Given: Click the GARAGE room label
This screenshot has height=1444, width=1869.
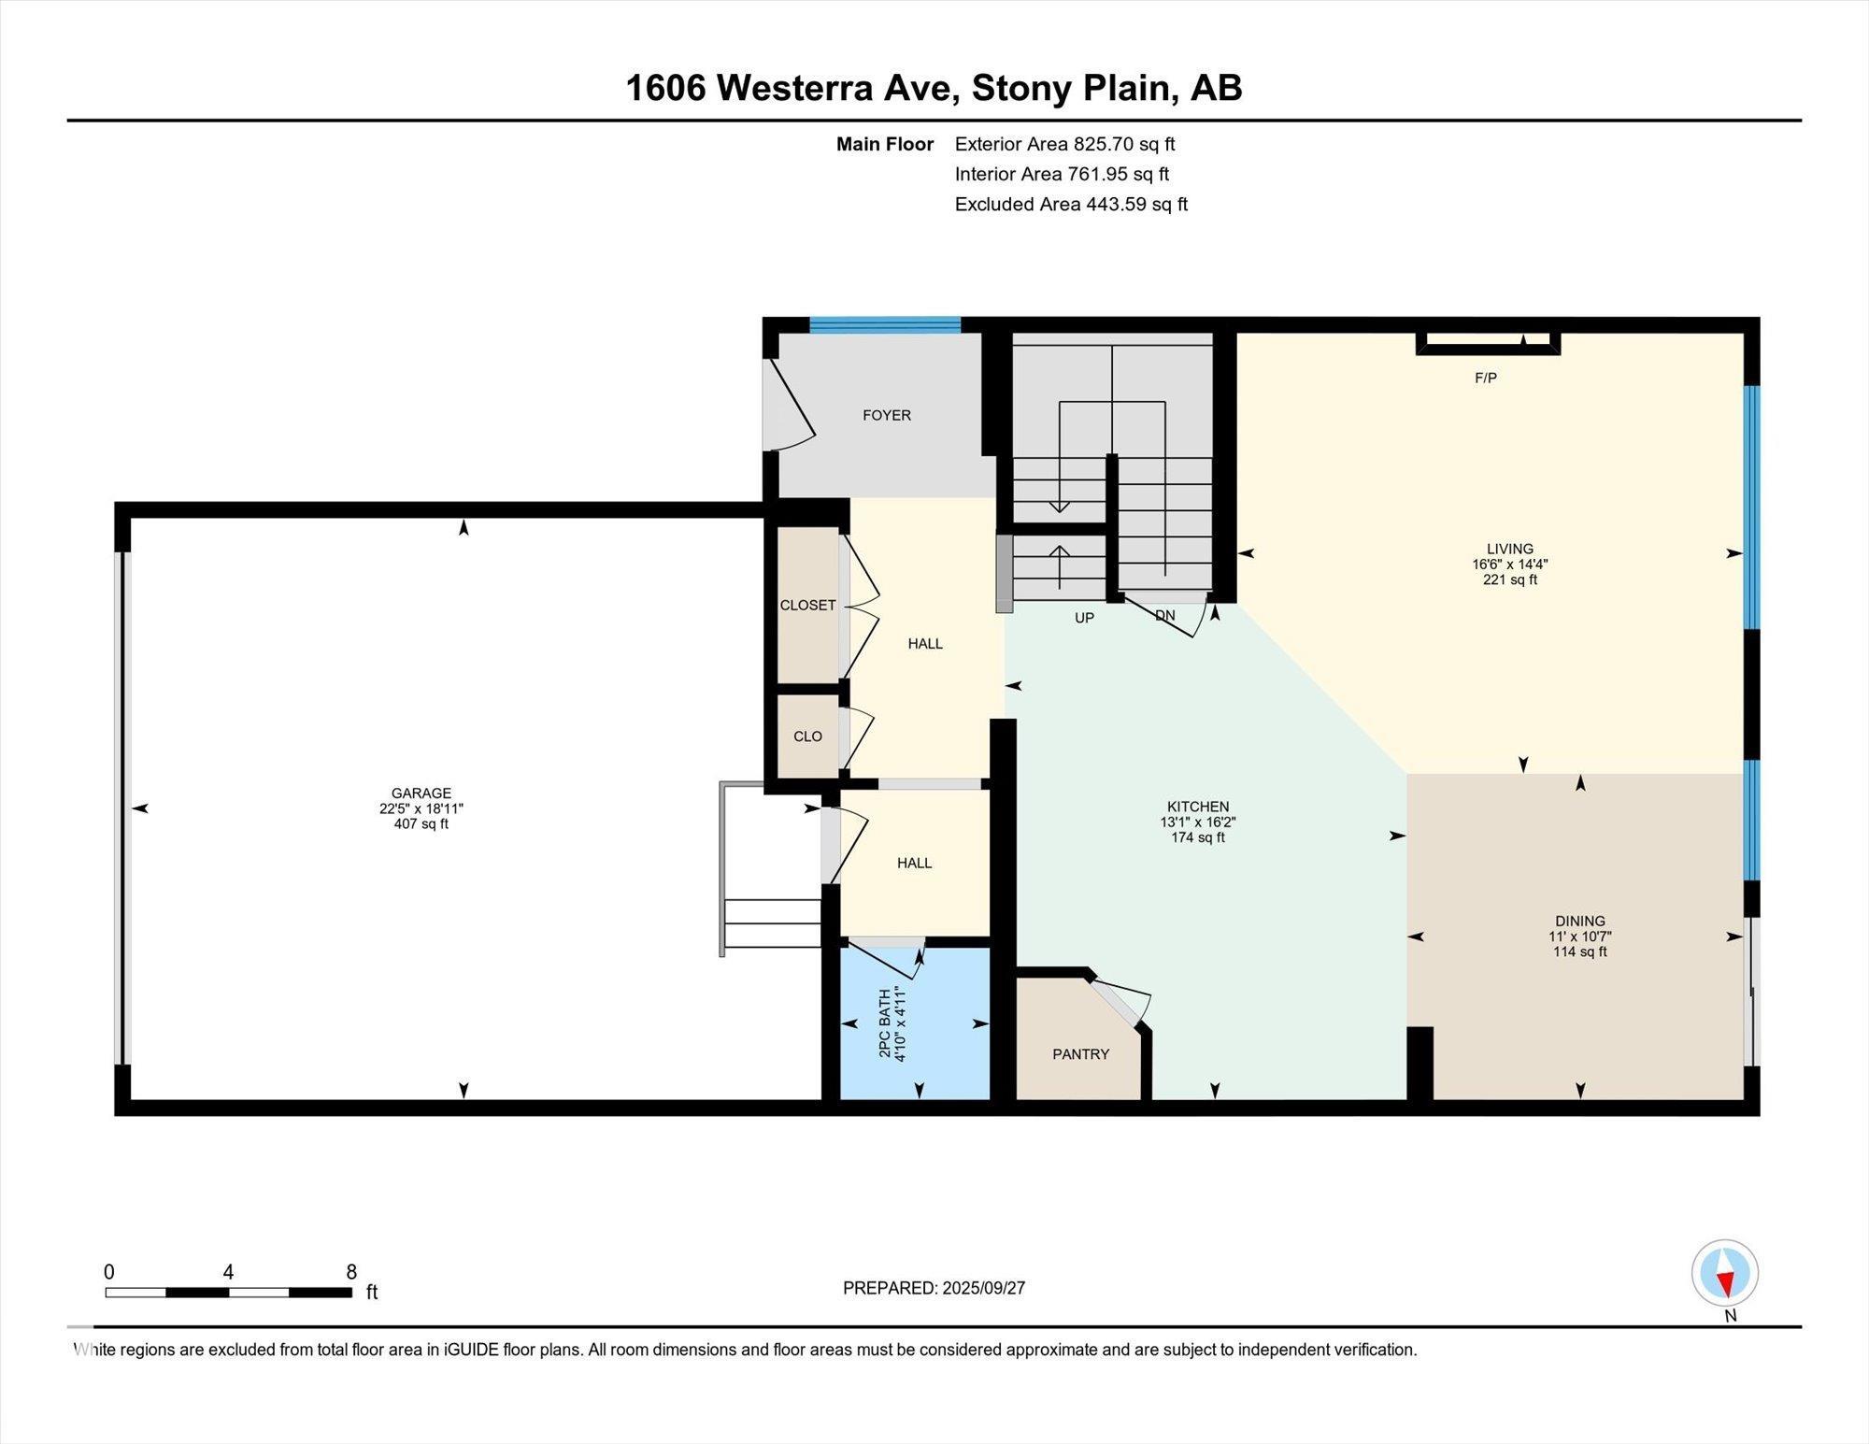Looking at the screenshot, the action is (x=421, y=793).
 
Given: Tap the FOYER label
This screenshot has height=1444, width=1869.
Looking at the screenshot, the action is (x=887, y=415).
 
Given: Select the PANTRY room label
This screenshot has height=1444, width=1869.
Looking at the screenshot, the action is (x=1081, y=1054).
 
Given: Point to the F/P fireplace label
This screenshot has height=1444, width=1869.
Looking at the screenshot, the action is (x=1486, y=378).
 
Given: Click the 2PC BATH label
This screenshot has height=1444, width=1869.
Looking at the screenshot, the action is (x=885, y=1023).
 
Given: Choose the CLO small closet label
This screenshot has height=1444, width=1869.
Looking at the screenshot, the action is (x=807, y=736).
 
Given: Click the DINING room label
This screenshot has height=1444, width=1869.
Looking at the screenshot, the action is (x=1580, y=921).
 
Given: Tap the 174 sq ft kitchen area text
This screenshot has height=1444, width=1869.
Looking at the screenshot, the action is (x=1198, y=838).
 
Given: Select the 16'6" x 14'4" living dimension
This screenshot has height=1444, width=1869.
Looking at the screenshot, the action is (x=1510, y=565).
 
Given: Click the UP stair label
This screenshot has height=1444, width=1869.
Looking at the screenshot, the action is (x=1084, y=618).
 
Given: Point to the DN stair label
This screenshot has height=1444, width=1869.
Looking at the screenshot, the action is (x=1165, y=615).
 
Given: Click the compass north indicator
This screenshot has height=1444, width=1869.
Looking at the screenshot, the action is (x=1725, y=1273).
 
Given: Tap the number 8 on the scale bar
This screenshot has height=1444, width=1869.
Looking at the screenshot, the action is (x=351, y=1272).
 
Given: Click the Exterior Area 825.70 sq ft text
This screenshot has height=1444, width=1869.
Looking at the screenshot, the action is (x=1064, y=144).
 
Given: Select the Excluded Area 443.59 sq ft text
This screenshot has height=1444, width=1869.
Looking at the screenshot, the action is (x=1071, y=204).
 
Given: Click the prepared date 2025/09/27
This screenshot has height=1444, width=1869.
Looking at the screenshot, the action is (x=984, y=1288).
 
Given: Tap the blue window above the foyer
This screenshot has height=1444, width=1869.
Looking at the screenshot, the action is (x=885, y=325).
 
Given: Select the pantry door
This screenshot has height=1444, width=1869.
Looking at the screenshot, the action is (x=1120, y=1001).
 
